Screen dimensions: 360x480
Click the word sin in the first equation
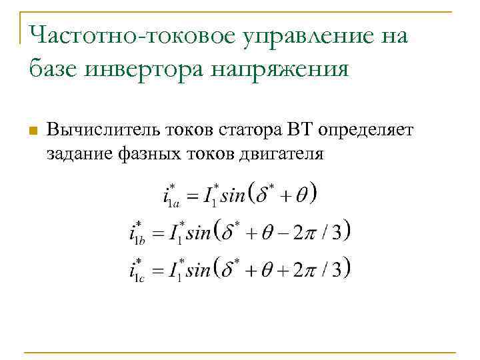(233, 196)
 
